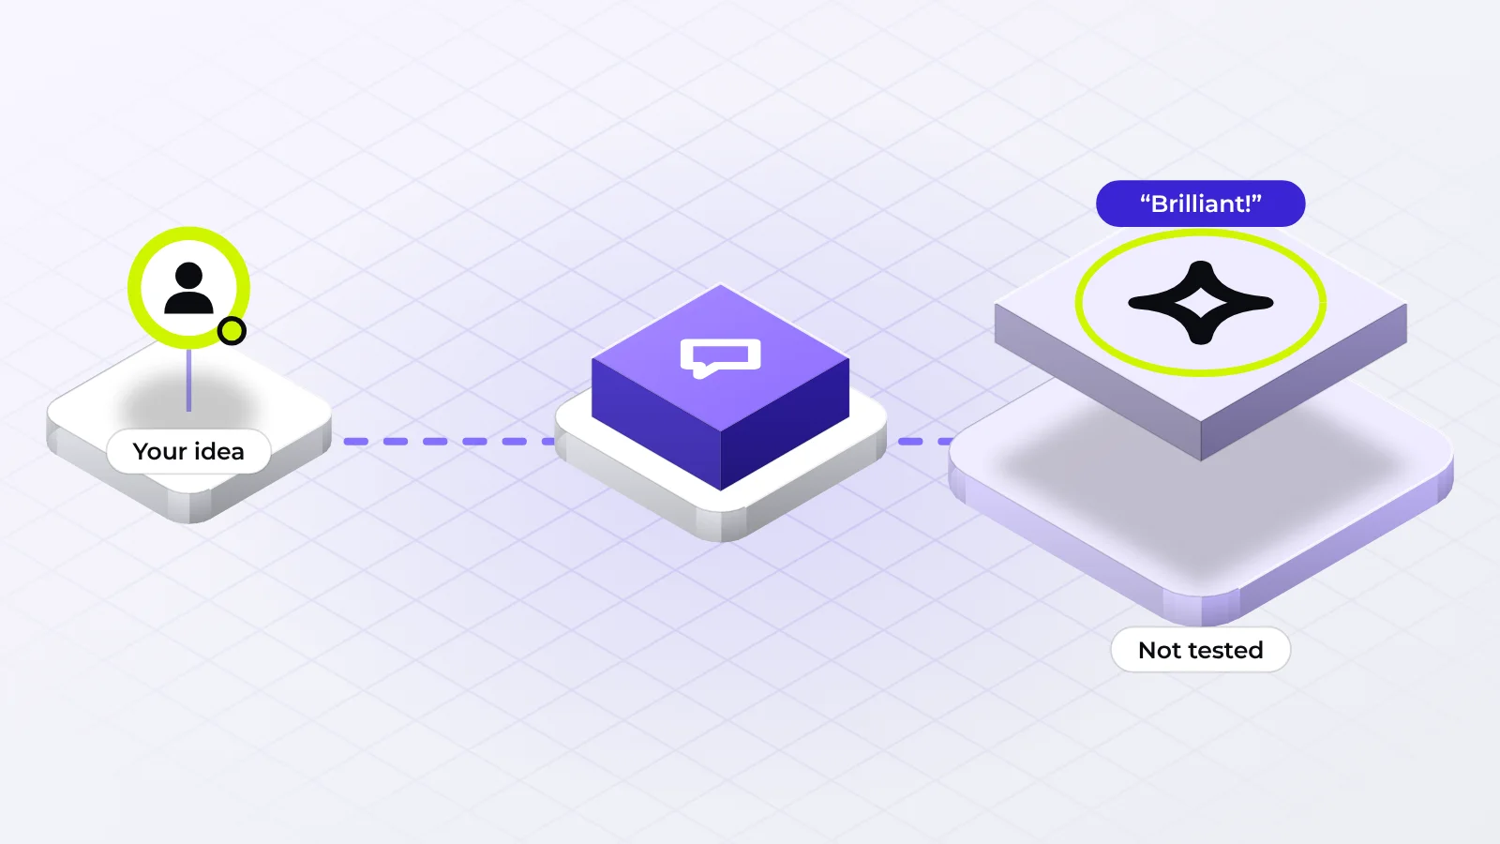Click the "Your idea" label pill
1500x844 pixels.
188,451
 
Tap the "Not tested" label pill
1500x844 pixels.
1201,650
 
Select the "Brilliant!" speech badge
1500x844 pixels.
1201,203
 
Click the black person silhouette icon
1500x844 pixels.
188,288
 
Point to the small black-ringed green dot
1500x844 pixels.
232,331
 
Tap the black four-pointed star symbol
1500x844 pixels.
1201,303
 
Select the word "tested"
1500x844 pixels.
1224,651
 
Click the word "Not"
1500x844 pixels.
1159,651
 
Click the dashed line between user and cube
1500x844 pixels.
449,442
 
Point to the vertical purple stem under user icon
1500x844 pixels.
188,379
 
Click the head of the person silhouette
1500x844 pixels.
188,276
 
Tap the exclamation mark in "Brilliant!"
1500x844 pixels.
1247,203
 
